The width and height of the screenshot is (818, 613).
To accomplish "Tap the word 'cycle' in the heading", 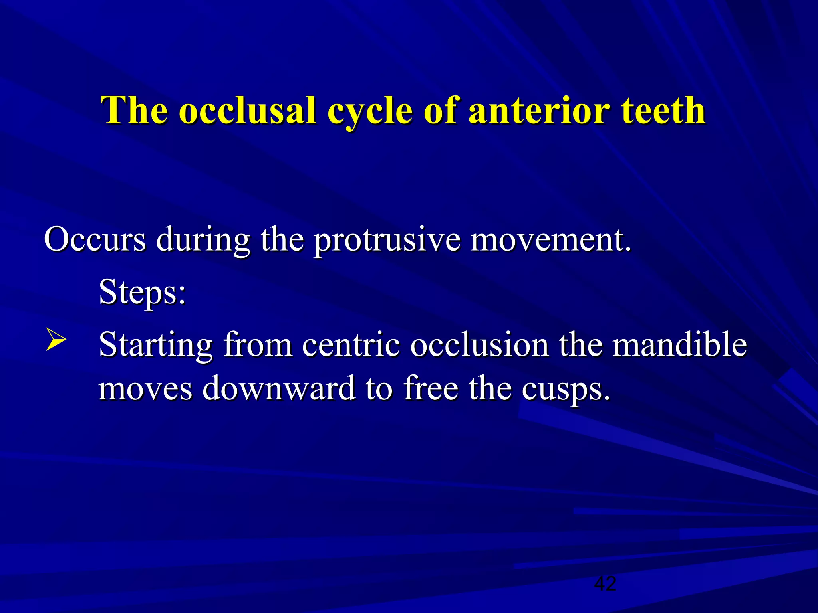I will click(369, 112).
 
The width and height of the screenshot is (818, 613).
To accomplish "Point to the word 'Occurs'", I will click(95, 239).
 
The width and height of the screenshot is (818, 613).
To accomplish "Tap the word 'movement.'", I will click(551, 239).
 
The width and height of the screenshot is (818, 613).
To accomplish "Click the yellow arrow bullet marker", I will click(56, 340).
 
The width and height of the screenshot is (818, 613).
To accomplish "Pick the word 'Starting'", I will click(155, 346).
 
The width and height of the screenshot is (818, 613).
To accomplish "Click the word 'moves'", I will click(145, 388).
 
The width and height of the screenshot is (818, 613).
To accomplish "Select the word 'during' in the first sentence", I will click(203, 241).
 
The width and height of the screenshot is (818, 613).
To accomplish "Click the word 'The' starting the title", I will click(135, 111).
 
